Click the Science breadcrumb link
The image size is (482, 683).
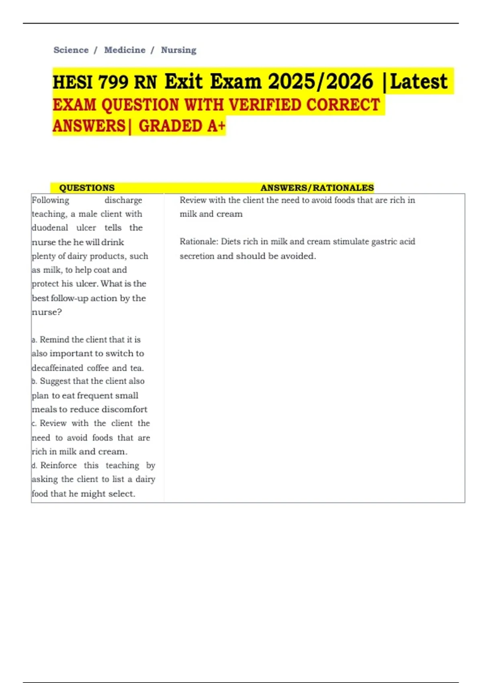(71, 50)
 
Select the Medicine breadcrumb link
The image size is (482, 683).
(125, 50)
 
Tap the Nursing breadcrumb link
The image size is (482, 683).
(179, 50)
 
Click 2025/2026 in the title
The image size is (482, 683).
(321, 82)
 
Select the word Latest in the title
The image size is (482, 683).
(419, 82)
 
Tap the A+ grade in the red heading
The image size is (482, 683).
(216, 126)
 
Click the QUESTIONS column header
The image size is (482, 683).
(87, 188)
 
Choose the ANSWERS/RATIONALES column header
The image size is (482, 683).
(317, 188)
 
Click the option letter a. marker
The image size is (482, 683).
(35, 340)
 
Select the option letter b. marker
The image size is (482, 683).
(35, 381)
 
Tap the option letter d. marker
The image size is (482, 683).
(35, 466)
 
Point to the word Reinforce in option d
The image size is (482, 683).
(59, 465)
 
